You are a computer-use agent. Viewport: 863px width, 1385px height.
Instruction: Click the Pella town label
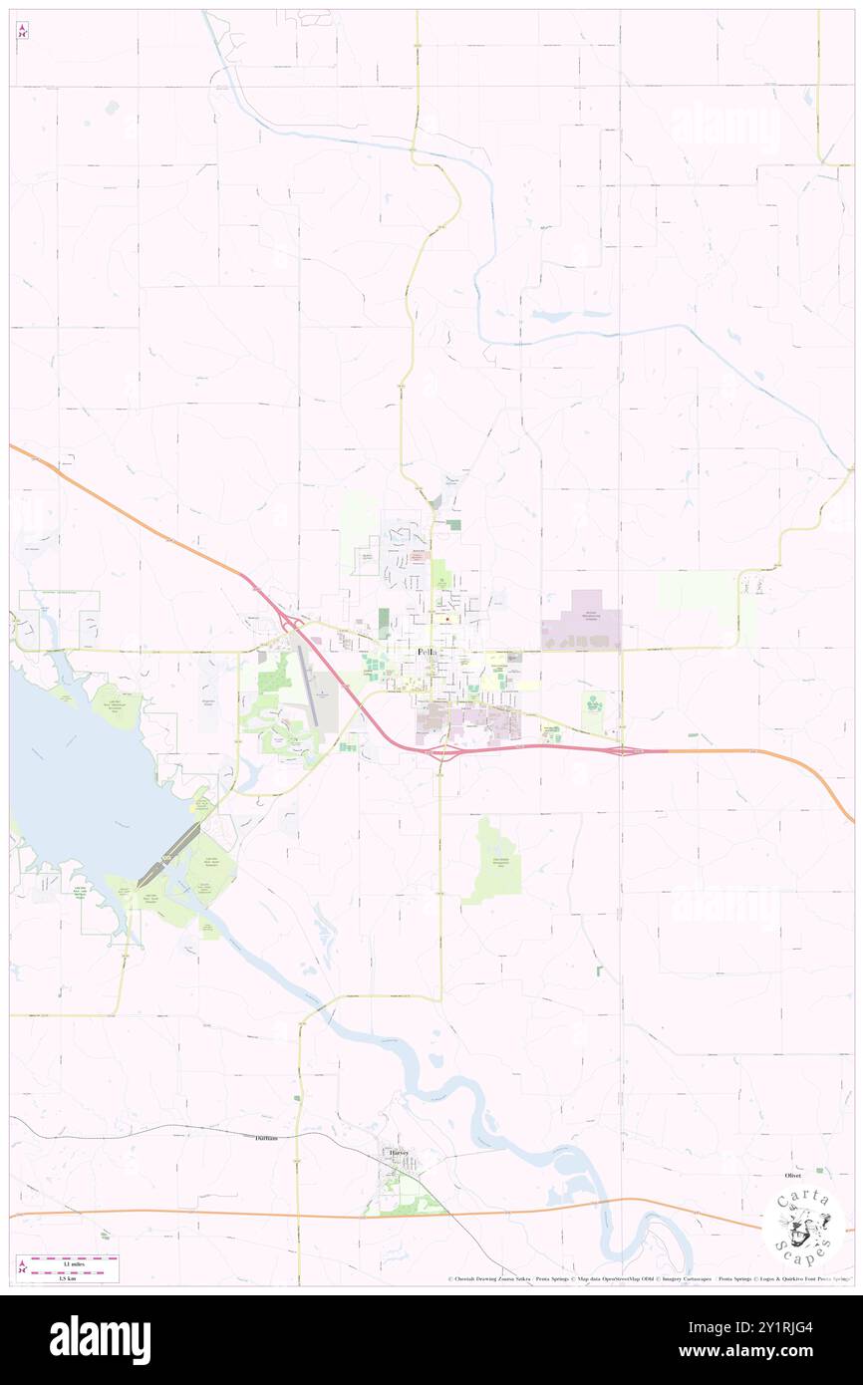coord(426,652)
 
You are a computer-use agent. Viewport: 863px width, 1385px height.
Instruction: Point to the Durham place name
coord(265,1137)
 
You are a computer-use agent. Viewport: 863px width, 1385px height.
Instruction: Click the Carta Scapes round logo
coord(803,1223)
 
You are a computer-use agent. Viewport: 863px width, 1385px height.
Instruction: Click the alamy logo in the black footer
coord(100,1340)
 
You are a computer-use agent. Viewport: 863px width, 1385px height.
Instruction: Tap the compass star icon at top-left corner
coord(22,32)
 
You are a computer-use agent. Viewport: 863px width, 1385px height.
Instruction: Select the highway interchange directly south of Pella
coord(441,751)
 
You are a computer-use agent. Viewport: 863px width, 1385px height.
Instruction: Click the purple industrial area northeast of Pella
coord(581,622)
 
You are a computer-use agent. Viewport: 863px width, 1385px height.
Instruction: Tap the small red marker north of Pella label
coord(448,619)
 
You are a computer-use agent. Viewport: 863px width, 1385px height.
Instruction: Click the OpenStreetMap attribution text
coord(626,1278)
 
